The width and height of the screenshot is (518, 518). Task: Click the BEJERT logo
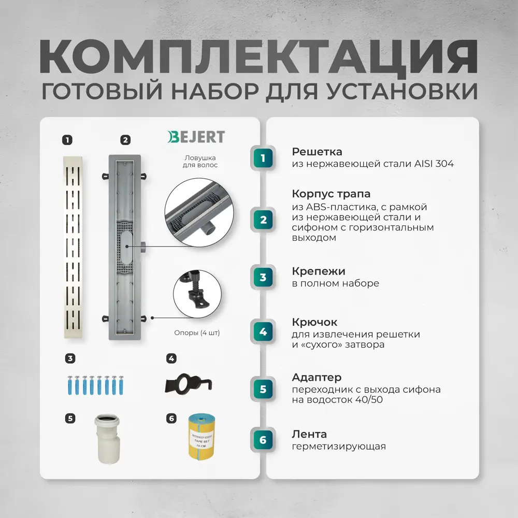point(196,137)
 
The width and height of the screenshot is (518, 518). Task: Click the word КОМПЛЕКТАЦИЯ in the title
point(259,55)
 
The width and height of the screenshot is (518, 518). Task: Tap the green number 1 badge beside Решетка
point(263,158)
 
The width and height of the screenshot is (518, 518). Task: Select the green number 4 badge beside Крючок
point(263,332)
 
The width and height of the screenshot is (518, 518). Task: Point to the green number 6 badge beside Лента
point(263,440)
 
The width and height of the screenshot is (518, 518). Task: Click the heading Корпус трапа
point(331,194)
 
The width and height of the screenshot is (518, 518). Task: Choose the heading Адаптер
point(316,377)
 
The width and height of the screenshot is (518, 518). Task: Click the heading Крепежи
point(318,271)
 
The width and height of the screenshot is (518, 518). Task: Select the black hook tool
point(189,383)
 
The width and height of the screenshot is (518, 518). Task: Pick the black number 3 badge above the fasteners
point(70,358)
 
